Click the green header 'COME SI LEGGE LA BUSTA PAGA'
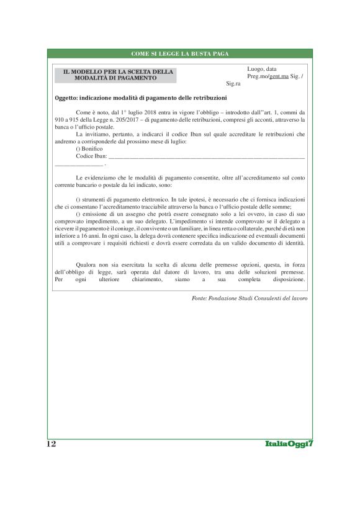[180, 53]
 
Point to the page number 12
[51, 444]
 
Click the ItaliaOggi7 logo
[287, 444]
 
